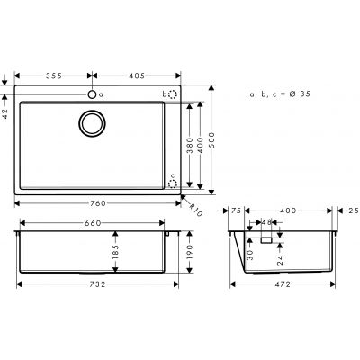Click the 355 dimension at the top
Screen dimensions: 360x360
tap(52, 76)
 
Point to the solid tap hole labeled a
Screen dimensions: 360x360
tap(91, 94)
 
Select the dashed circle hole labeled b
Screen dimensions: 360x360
tap(173, 94)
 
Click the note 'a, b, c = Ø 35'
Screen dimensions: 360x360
tap(281, 94)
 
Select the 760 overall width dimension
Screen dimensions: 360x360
tap(94, 203)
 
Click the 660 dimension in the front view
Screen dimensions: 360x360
tap(94, 223)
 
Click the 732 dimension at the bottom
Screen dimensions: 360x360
tap(94, 283)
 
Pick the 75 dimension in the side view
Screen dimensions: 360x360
tap(238, 210)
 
